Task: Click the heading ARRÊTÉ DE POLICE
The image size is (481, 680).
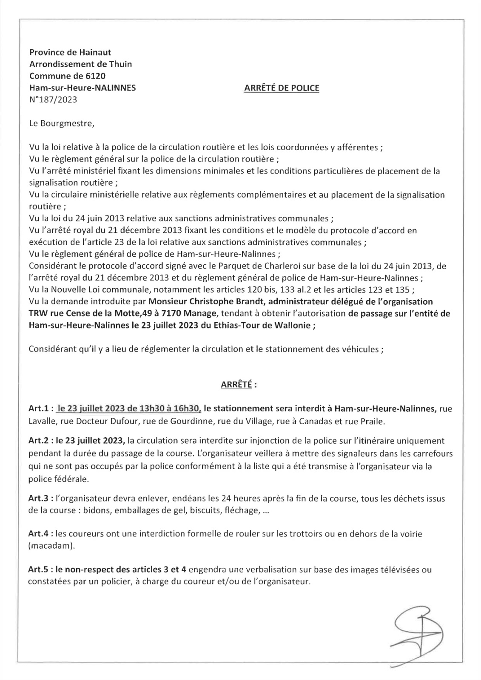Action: click(x=281, y=88)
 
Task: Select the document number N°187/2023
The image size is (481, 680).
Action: click(x=53, y=100)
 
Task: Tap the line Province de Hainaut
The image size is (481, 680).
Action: click(x=70, y=52)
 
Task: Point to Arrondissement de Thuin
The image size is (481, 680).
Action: click(x=80, y=64)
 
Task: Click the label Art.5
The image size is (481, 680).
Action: click(x=40, y=570)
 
